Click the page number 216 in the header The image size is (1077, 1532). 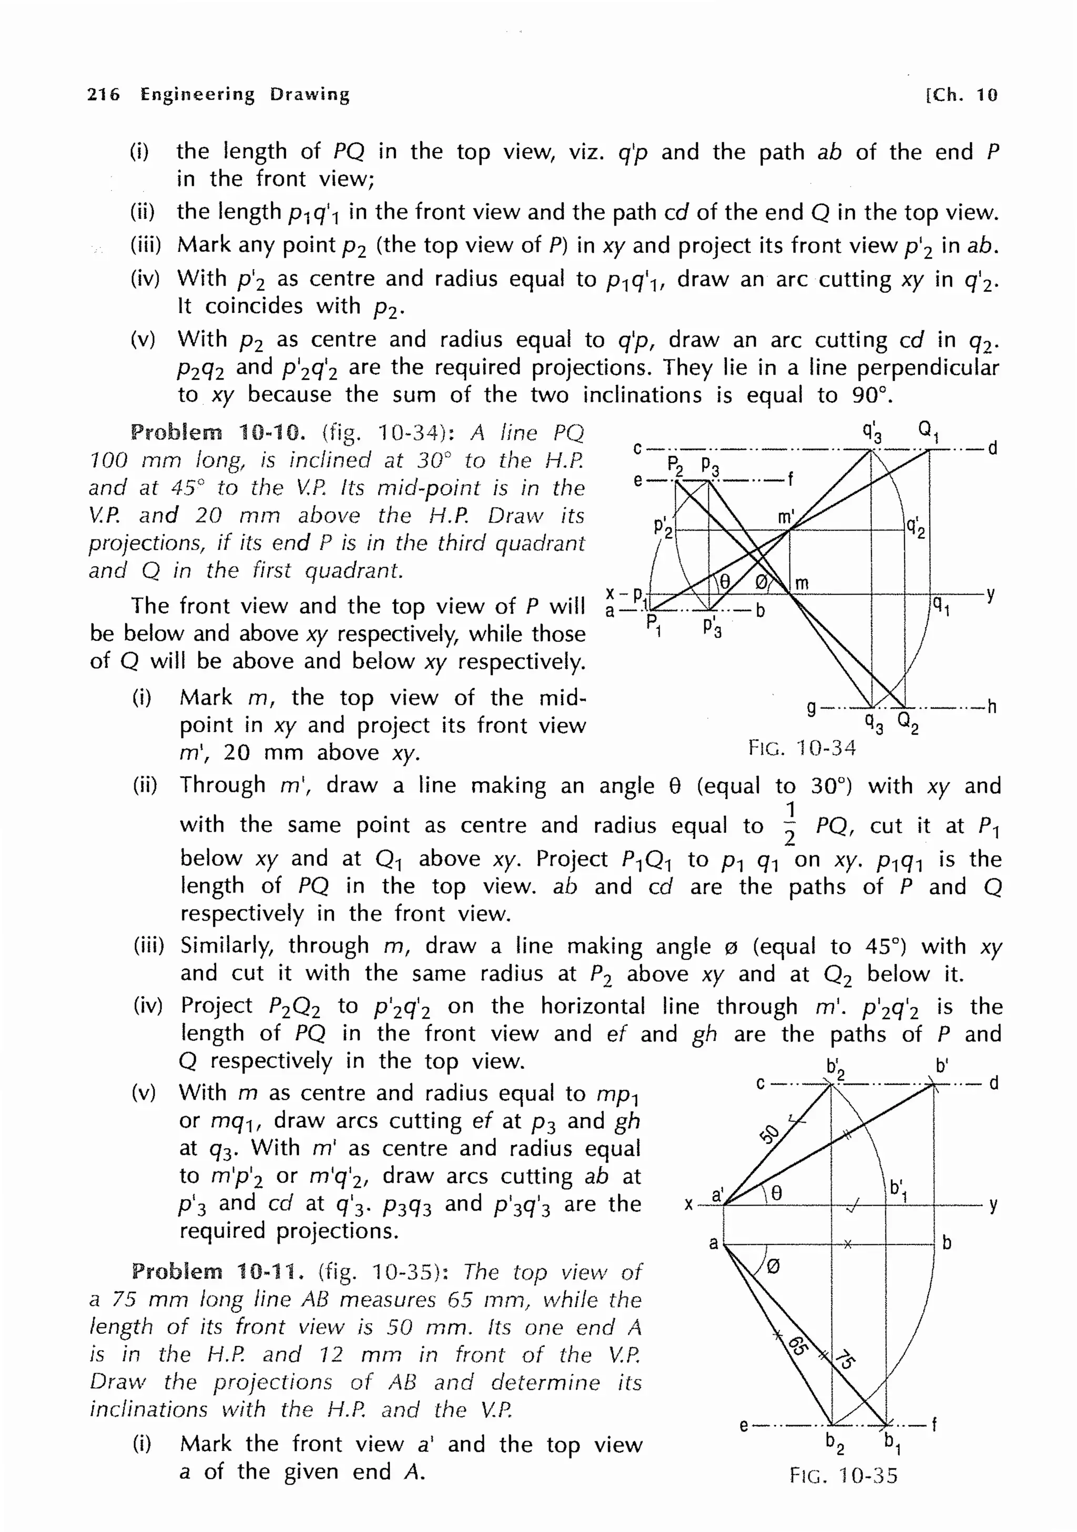pyautogui.click(x=104, y=95)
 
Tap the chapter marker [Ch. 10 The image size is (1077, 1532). pyautogui.click(x=961, y=95)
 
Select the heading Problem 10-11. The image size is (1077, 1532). pyautogui.click(x=218, y=1271)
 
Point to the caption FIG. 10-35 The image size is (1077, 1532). pyautogui.click(x=844, y=1475)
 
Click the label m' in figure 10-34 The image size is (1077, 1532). pyautogui.click(x=786, y=517)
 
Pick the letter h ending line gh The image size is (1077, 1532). pyautogui.click(x=992, y=707)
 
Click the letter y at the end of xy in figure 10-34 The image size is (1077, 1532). pyautogui.click(x=991, y=594)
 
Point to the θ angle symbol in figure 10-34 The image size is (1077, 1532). pyautogui.click(x=724, y=583)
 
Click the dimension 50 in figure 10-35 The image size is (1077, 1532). pyautogui.click(x=769, y=1133)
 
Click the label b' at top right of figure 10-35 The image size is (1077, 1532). pyautogui.click(x=941, y=1066)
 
